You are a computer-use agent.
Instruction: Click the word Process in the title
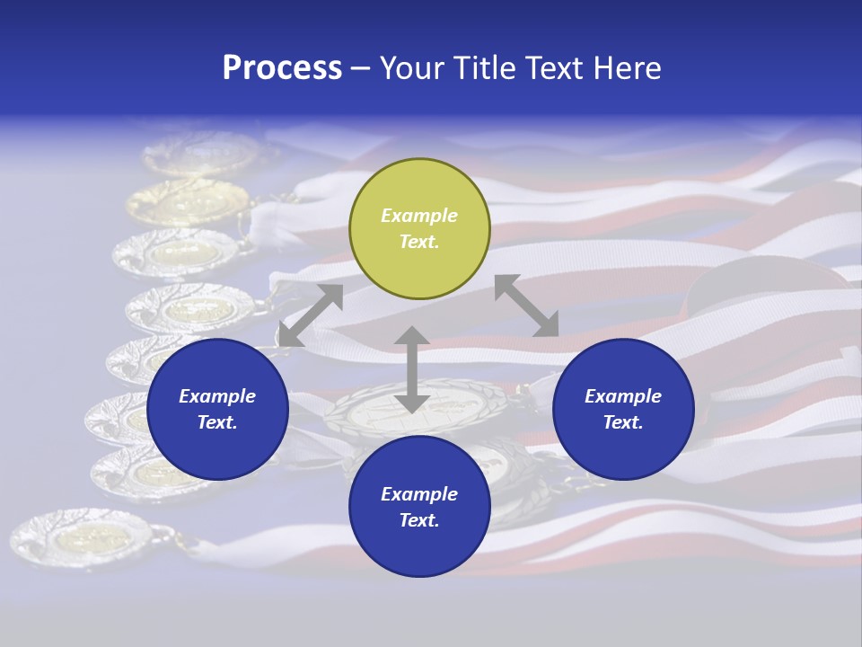click(x=282, y=68)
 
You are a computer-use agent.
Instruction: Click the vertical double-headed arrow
click(x=411, y=370)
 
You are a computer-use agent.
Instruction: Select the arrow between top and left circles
click(x=311, y=315)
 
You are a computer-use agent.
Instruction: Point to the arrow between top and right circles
click(x=527, y=306)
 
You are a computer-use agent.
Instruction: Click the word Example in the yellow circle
click(x=419, y=216)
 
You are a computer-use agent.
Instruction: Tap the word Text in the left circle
click(x=217, y=422)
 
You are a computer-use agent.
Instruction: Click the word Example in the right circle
click(x=623, y=396)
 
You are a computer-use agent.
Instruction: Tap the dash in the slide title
click(x=361, y=68)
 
